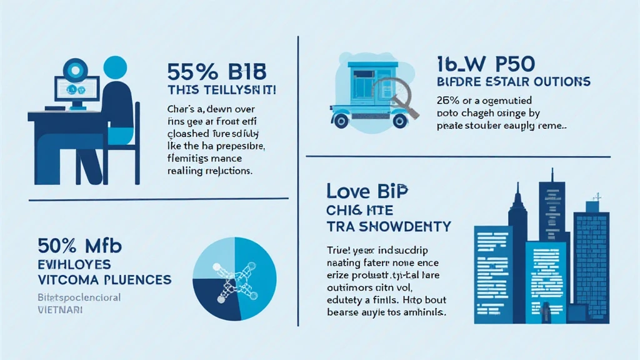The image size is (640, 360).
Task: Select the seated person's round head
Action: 115,69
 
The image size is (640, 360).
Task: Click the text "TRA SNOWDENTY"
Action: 388,226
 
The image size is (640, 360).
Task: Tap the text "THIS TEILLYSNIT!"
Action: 222,89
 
